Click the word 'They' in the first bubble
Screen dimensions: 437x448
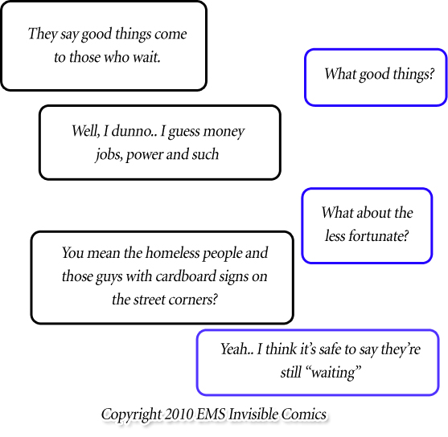[x=41, y=34]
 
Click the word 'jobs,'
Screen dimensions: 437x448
[x=108, y=154]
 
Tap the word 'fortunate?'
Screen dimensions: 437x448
[x=378, y=236]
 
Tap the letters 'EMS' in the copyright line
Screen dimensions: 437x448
[x=216, y=415]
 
